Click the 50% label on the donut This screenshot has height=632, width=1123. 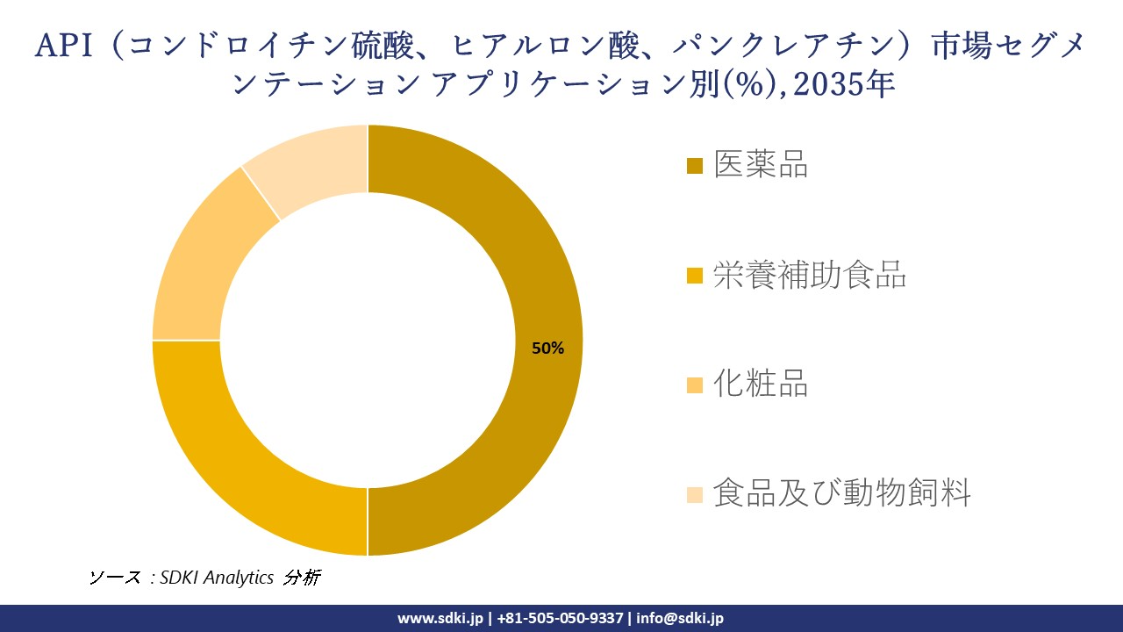click(x=547, y=348)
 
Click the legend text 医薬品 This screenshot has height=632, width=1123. click(x=760, y=164)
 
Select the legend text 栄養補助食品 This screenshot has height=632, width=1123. click(x=809, y=275)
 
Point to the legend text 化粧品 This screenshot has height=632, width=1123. click(x=760, y=384)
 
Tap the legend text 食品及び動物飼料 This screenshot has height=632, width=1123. click(x=841, y=492)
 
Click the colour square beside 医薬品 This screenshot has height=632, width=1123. click(x=695, y=166)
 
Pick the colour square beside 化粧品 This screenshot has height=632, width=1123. click(x=695, y=384)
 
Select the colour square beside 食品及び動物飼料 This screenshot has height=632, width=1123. click(x=695, y=494)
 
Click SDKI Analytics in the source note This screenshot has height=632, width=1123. click(x=217, y=578)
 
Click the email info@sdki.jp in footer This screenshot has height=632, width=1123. click(x=680, y=618)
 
